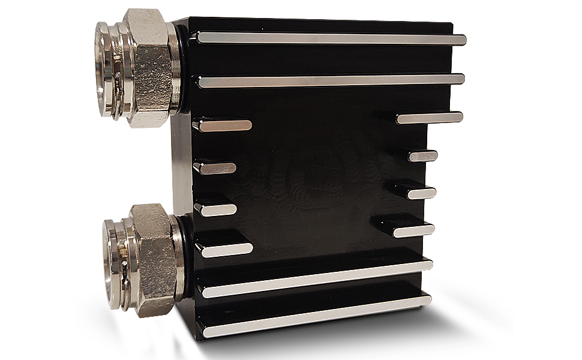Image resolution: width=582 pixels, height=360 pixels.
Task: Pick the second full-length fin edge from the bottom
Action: pyautogui.click(x=318, y=278)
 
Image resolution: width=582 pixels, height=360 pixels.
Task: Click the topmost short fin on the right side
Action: pyautogui.click(x=430, y=118)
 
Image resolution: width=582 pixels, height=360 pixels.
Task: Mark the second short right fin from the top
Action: pyautogui.click(x=423, y=156)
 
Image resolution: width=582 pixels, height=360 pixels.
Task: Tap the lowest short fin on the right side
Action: pyautogui.click(x=414, y=231)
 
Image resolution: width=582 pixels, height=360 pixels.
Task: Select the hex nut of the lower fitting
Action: pyautogui.click(x=153, y=258)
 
